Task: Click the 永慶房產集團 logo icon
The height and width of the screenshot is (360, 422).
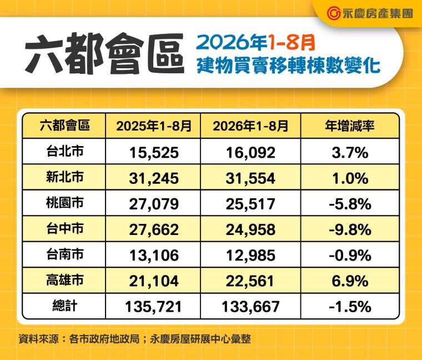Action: (x=334, y=13)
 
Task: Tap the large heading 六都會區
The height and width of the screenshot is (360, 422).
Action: (x=105, y=53)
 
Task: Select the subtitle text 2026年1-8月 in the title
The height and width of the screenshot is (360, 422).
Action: (x=255, y=43)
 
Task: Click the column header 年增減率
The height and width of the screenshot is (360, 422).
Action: (x=350, y=126)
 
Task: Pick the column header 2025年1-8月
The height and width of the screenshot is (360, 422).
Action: (x=154, y=126)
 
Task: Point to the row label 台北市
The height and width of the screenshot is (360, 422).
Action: (x=65, y=151)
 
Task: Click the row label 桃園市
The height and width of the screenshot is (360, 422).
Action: (x=65, y=203)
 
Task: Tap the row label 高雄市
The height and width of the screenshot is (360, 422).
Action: (x=65, y=280)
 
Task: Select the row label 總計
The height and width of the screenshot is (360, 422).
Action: (x=65, y=306)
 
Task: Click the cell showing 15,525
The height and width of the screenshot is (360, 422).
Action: (x=154, y=153)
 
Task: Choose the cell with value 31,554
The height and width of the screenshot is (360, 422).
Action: (x=250, y=178)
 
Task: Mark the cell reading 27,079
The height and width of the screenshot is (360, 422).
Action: (x=154, y=204)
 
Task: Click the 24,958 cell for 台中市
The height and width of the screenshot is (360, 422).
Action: (x=250, y=230)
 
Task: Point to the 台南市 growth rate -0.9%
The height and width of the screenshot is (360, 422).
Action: (x=350, y=256)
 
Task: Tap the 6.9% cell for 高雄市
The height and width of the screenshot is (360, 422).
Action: (x=350, y=281)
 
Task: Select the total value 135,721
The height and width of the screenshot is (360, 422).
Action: (x=154, y=307)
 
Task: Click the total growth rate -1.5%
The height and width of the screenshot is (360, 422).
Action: (x=350, y=307)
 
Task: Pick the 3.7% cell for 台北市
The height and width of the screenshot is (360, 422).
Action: (x=350, y=153)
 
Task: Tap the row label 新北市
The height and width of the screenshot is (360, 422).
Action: (x=65, y=177)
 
